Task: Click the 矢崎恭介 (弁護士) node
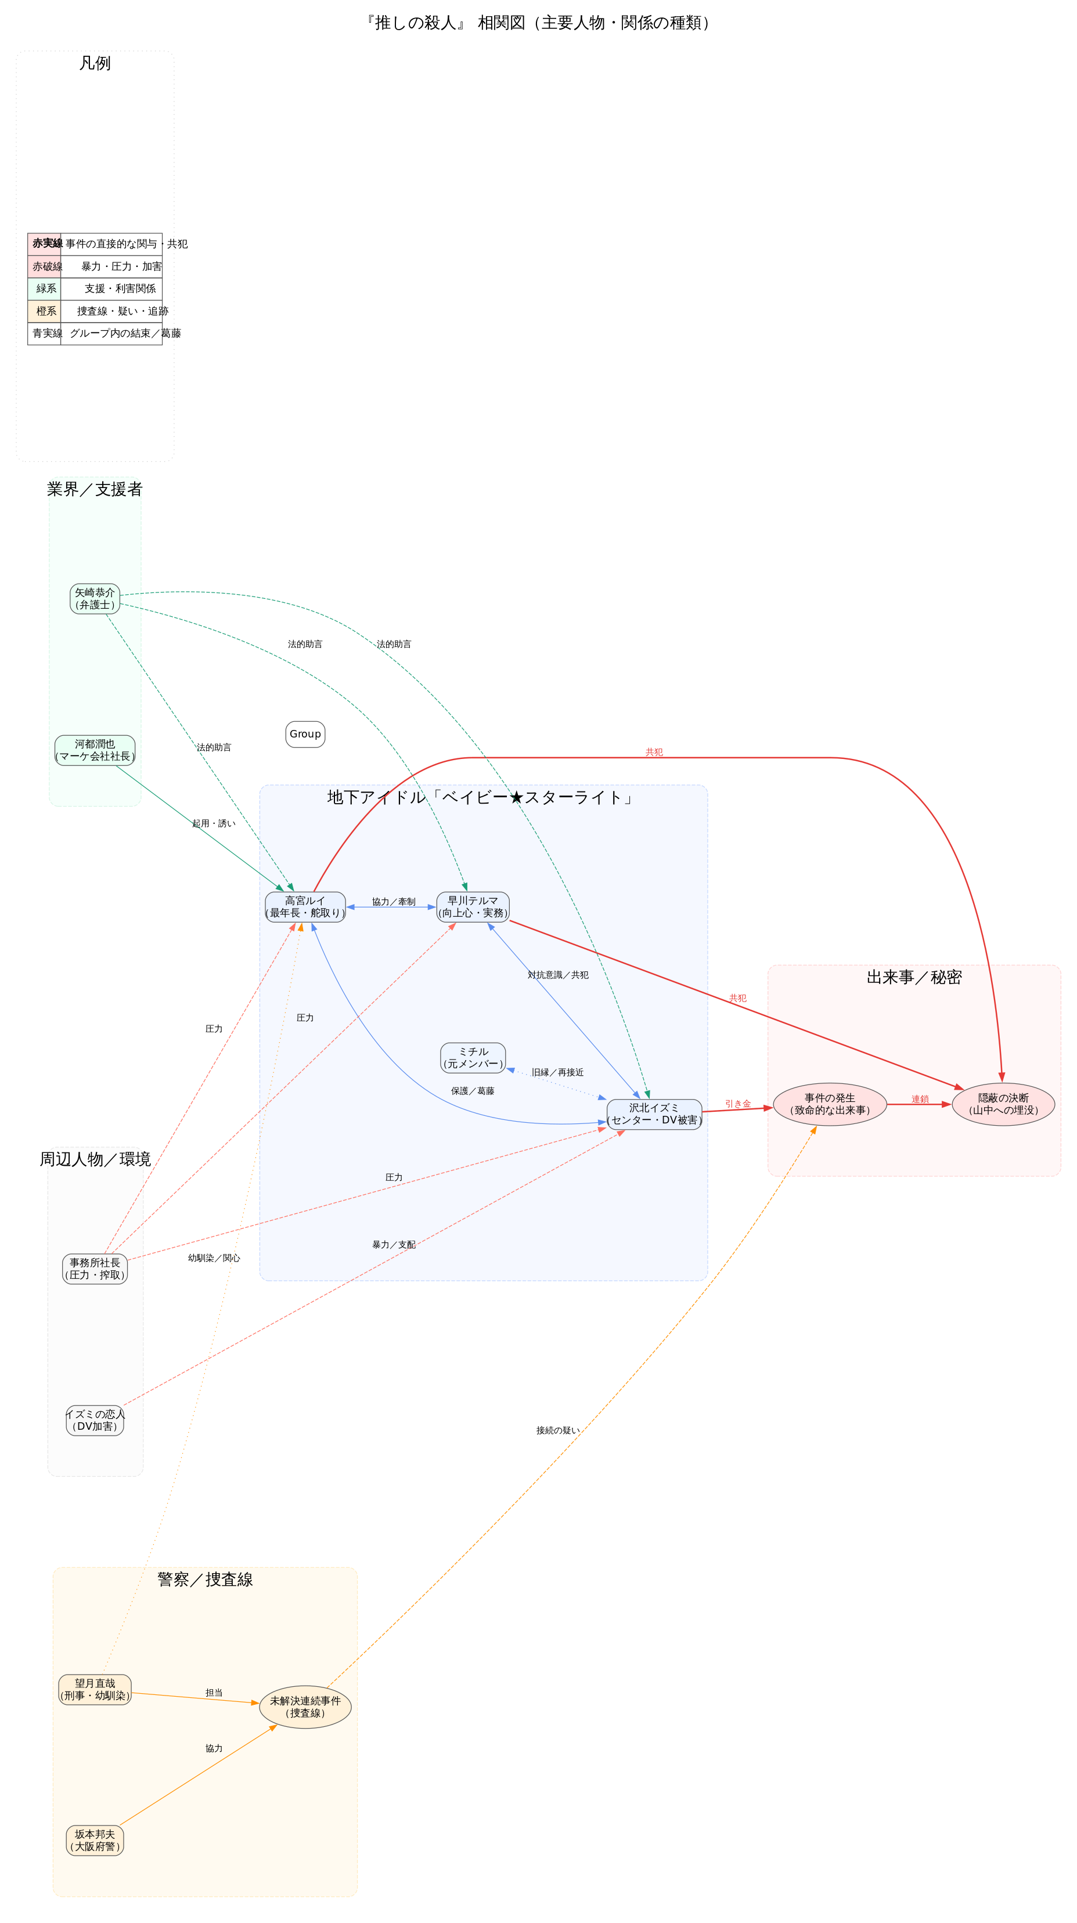coord(95,599)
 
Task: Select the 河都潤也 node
coord(95,750)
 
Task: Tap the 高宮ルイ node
coord(305,907)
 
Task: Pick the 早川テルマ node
coord(473,907)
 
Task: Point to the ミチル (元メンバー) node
coord(473,1058)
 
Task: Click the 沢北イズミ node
coord(654,1114)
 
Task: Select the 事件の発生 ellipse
coord(830,1104)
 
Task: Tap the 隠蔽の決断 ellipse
coord(1003,1104)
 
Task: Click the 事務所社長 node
coord(95,1268)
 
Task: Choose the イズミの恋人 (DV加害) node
coord(95,1420)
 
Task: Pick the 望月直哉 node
coord(95,1689)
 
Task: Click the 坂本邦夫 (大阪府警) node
coord(95,1840)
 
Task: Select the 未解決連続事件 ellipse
coord(305,1707)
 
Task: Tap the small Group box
coord(305,734)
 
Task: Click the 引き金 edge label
coord(738,1103)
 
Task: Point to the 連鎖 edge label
coord(920,1099)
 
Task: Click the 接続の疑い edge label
coord(557,1430)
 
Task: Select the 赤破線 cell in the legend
coord(45,266)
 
